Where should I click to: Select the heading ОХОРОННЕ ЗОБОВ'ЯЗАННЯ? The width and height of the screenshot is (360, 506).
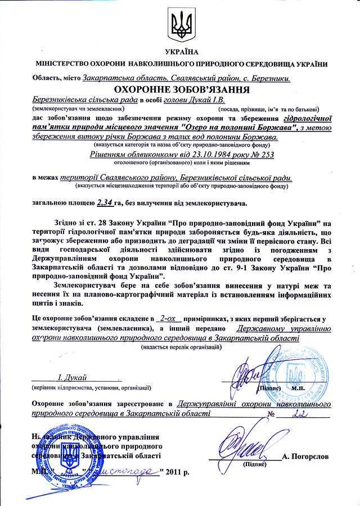(180, 89)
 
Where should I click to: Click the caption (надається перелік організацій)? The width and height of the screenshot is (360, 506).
(181, 347)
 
